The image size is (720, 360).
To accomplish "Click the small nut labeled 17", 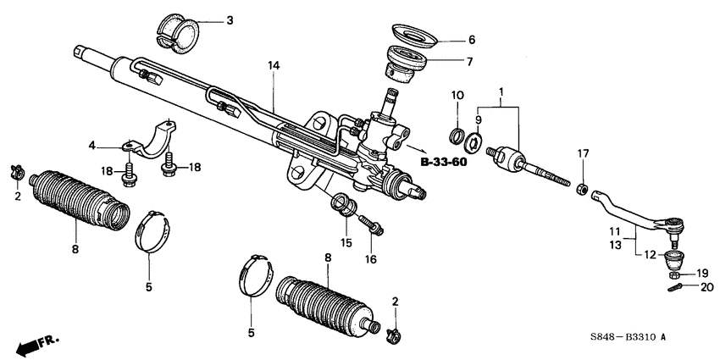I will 583,186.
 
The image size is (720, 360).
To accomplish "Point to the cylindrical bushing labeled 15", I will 346,206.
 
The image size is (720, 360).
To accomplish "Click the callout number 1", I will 501,91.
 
